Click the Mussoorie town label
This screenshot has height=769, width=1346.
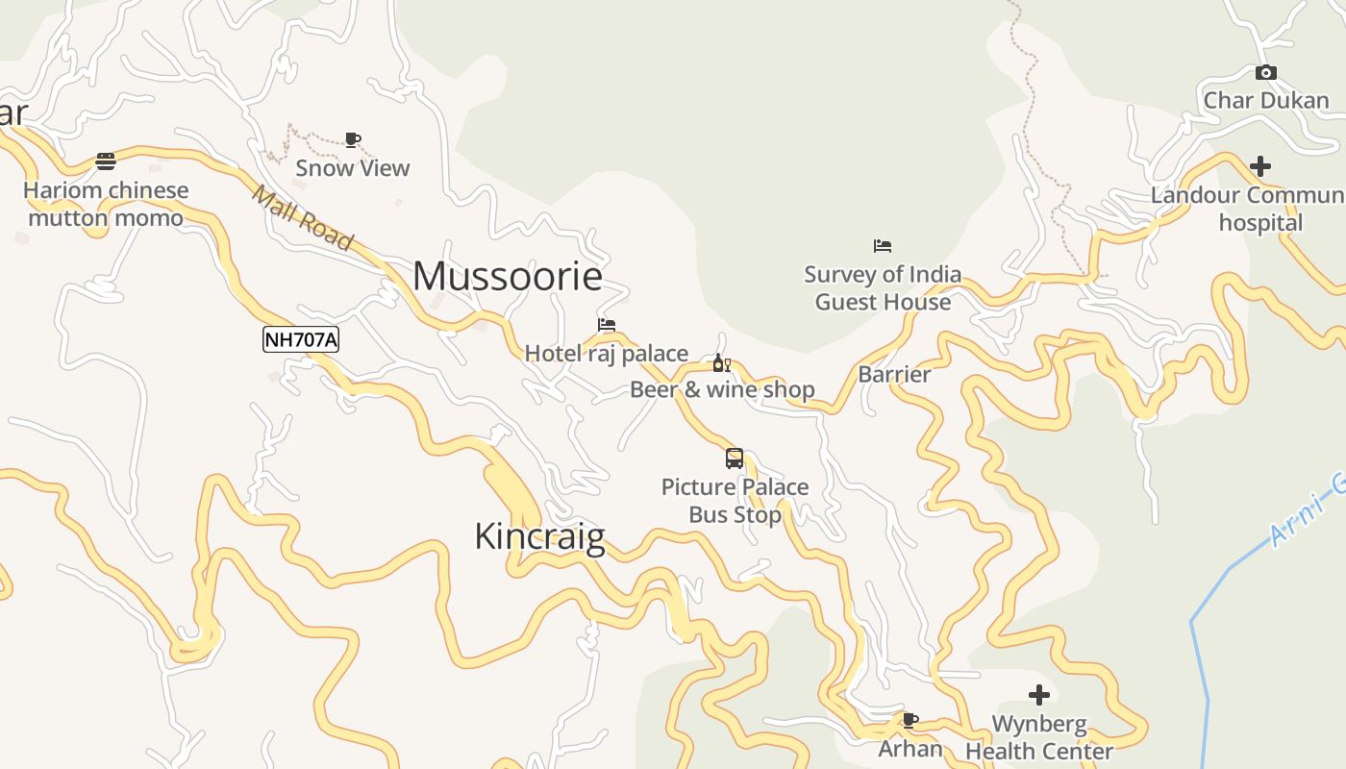click(508, 277)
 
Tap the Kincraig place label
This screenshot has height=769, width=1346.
click(539, 536)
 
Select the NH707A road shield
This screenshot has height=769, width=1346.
click(301, 339)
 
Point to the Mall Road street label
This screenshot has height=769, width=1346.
click(302, 217)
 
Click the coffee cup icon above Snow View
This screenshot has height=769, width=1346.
click(353, 140)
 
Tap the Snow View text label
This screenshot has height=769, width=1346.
click(353, 168)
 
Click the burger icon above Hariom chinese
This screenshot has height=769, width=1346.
click(106, 161)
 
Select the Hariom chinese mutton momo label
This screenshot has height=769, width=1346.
click(106, 205)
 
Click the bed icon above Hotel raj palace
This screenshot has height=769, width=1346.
click(606, 325)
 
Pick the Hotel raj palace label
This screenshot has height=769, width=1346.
click(606, 354)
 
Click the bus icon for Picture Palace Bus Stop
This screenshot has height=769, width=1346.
click(735, 459)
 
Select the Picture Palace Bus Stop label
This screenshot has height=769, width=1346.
click(735, 501)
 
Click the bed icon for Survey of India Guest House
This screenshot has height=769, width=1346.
click(883, 246)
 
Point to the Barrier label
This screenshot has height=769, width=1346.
click(894, 375)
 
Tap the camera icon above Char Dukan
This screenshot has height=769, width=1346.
click(1266, 73)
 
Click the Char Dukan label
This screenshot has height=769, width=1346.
click(1266, 101)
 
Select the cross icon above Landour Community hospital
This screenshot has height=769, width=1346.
click(1259, 166)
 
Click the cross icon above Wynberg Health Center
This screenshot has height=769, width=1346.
click(1039, 695)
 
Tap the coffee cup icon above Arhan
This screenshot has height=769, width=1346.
click(910, 720)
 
